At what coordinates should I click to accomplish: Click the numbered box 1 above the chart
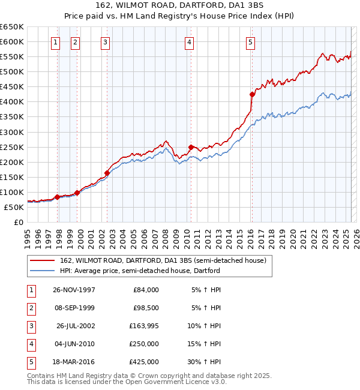tap(55, 42)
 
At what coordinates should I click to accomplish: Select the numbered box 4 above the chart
tap(189, 42)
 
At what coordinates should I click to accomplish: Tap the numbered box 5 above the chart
tap(250, 42)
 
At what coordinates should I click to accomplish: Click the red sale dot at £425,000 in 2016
tap(252, 94)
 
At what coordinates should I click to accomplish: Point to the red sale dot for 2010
tap(191, 147)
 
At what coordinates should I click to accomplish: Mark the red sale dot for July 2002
tap(107, 173)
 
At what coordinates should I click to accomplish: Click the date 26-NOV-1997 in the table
tap(74, 290)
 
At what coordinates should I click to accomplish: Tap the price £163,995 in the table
tap(144, 326)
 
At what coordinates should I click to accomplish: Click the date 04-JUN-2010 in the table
tap(74, 344)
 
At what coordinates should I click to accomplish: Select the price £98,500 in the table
tap(146, 308)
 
